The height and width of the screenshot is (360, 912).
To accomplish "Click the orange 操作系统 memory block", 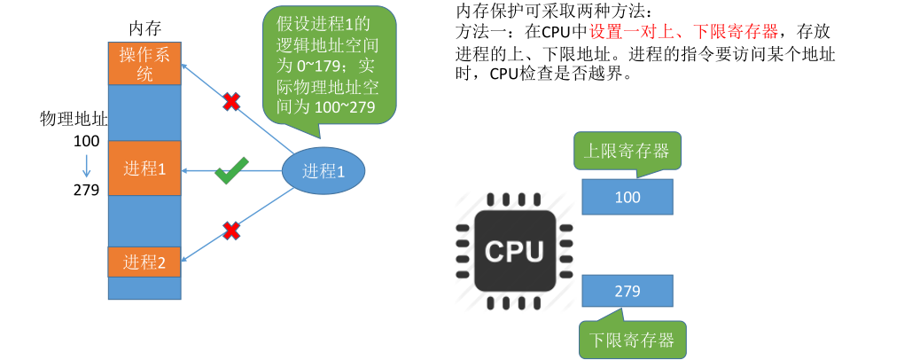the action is point(144,62).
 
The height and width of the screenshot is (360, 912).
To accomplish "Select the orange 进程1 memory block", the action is point(144,168).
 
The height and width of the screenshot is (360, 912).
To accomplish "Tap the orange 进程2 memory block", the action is point(144,262).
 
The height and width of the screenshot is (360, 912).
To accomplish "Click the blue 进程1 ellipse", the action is point(323,171).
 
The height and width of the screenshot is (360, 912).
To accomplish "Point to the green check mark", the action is point(231,171).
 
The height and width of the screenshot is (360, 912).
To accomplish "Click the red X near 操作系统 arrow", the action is point(230,101).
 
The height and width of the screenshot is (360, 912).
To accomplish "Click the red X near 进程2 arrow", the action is point(231,231).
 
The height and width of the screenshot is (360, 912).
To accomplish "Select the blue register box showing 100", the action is point(627,198).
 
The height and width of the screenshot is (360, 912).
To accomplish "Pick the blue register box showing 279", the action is point(627,291).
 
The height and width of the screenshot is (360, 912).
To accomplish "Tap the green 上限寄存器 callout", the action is point(627,150).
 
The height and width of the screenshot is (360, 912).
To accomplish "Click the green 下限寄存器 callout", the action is point(631,339).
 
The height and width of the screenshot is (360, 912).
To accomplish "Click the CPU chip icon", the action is point(514,251).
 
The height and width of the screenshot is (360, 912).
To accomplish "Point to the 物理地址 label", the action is point(74,119).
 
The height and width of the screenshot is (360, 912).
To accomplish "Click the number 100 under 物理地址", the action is point(86,141).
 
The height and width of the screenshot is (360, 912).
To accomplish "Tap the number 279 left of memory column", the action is point(86,190).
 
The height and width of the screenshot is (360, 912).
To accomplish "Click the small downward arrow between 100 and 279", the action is point(87,165).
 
